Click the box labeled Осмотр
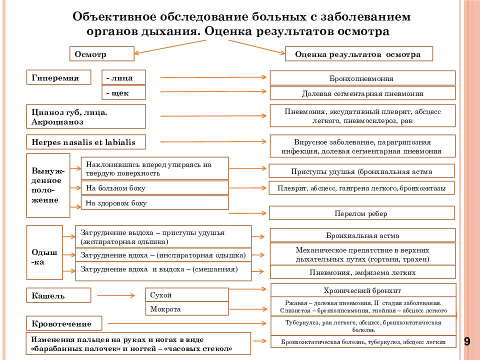click(x=102, y=54)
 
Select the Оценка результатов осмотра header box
click(x=359, y=54)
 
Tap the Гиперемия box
click(x=58, y=77)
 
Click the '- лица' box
click(x=123, y=77)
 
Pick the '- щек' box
click(x=123, y=92)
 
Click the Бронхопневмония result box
click(x=362, y=78)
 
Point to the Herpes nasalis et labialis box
click(x=85, y=142)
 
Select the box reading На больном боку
click(x=154, y=187)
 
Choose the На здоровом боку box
click(x=154, y=202)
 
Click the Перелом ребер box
click(x=361, y=213)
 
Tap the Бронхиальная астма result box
click(x=362, y=235)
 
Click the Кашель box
click(x=58, y=295)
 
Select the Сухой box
click(x=186, y=295)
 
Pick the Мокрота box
click(x=186, y=309)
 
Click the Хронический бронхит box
click(x=363, y=290)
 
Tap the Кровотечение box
click(x=64, y=323)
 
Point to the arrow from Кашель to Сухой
click(x=116, y=295)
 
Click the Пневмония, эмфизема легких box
click(x=362, y=272)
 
